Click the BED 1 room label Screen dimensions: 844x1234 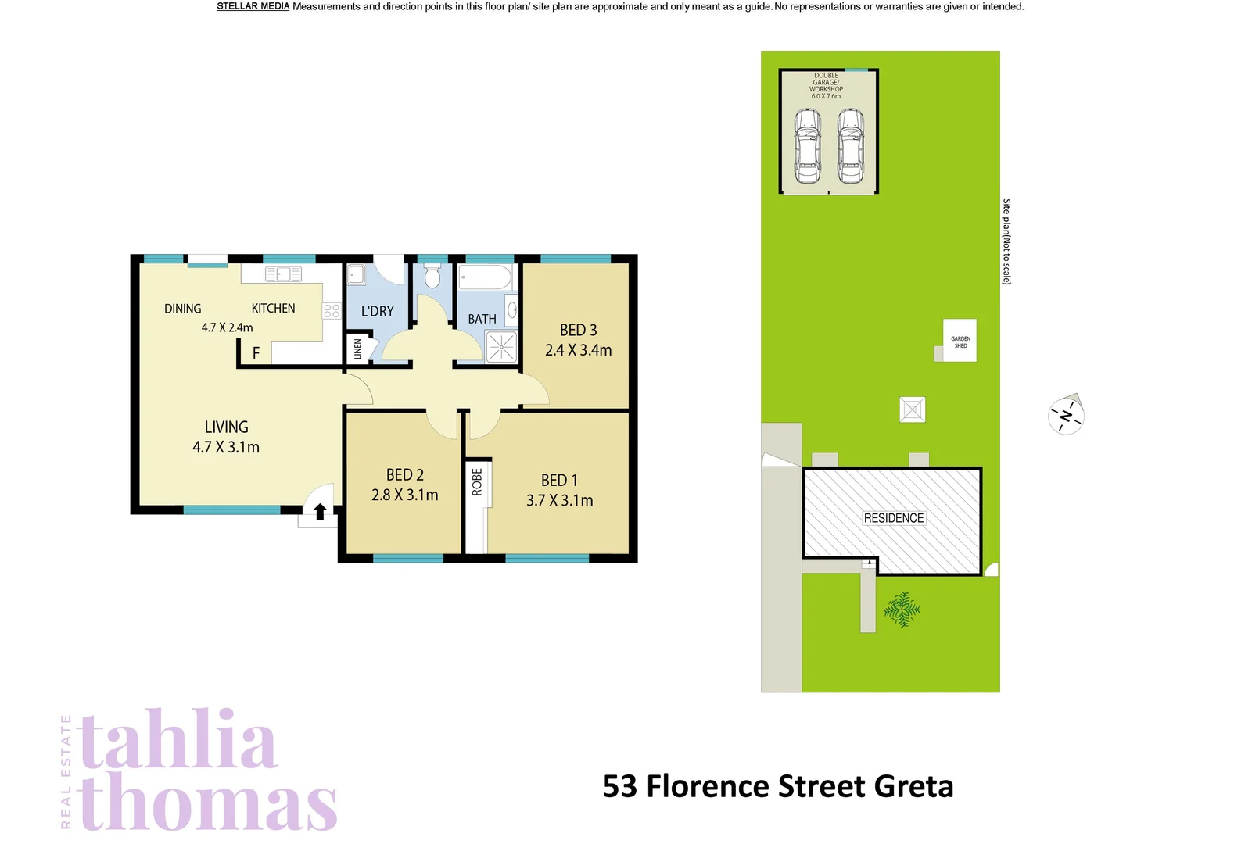coord(559,481)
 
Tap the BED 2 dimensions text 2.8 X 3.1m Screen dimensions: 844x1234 coord(404,495)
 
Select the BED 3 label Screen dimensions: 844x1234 coord(578,331)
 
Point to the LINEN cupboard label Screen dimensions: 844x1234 coord(357,349)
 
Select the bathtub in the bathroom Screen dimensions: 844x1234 coord(485,277)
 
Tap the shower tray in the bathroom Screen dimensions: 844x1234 coord(501,347)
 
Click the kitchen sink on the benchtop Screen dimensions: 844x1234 coord(283,274)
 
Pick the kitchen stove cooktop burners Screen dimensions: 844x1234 coord(332,311)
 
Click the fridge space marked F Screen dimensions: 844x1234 coord(256,353)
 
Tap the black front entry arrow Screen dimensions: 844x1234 coord(320,512)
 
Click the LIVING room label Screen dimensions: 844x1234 coord(227,427)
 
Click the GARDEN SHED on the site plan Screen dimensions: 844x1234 coord(960,341)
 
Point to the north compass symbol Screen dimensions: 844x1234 coord(1066,415)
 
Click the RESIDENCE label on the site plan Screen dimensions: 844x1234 coord(893,518)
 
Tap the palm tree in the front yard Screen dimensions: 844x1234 coord(902,609)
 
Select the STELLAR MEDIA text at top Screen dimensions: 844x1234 coord(253,6)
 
